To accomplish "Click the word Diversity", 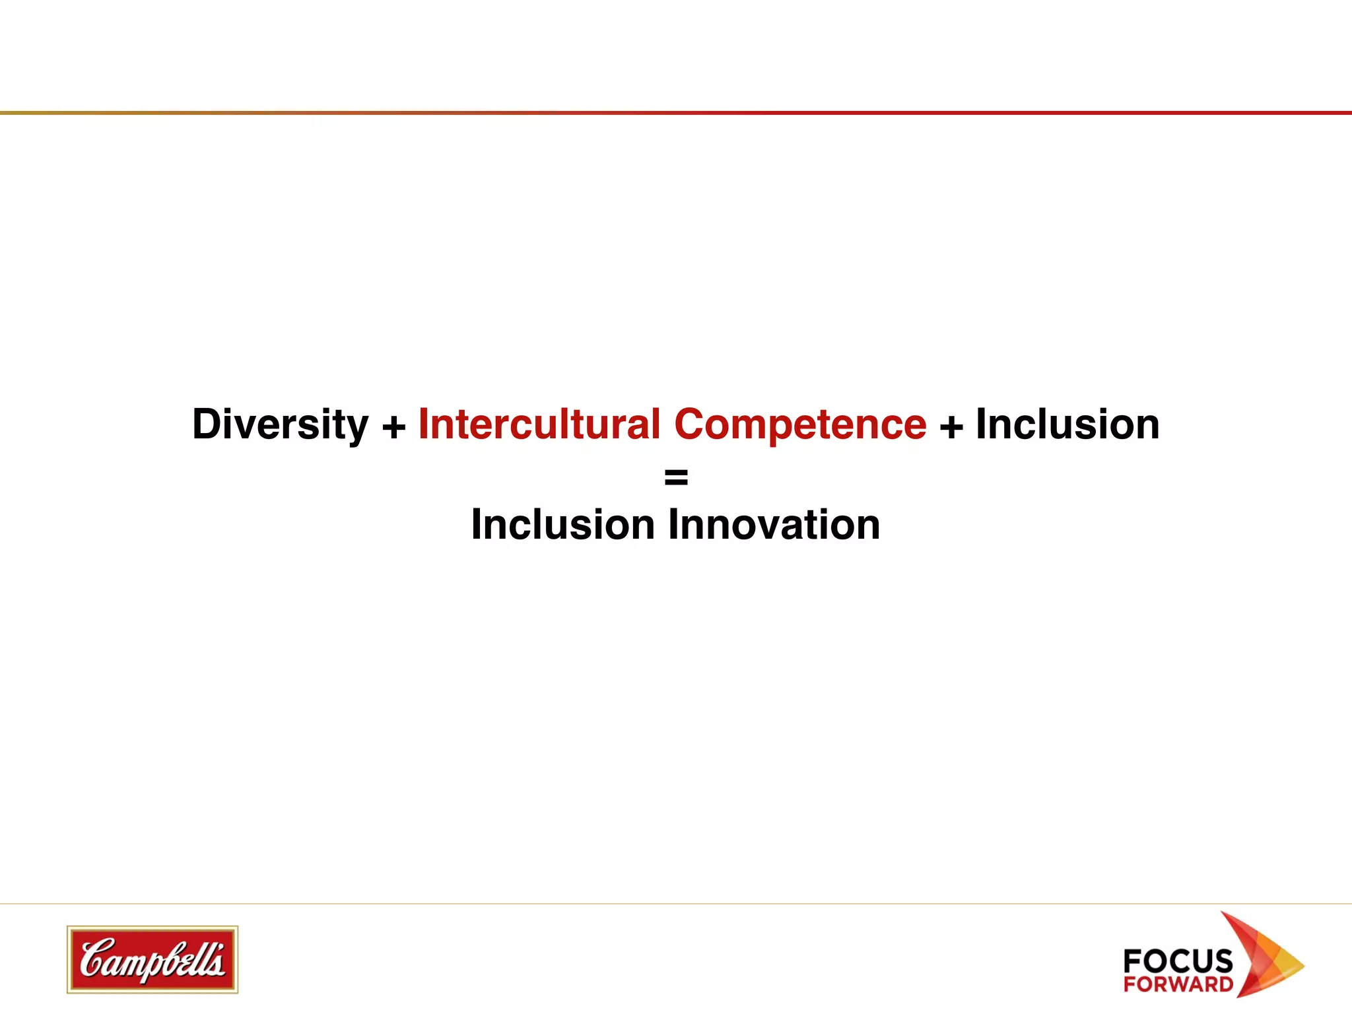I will [280, 424].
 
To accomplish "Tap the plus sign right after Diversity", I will [394, 426].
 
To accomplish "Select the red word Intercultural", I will [539, 424].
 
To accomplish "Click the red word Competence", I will [800, 424].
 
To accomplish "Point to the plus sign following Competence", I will [951, 426].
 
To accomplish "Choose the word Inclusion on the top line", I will [1067, 424].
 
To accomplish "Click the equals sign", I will [676, 476].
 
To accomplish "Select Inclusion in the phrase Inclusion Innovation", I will [562, 525].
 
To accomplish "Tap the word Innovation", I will [774, 525].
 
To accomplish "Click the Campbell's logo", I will [152, 959].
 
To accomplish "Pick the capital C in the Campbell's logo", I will [96, 958].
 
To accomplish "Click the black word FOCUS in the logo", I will [1178, 961].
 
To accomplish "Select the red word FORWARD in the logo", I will [1178, 984].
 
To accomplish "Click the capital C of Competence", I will [691, 424].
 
